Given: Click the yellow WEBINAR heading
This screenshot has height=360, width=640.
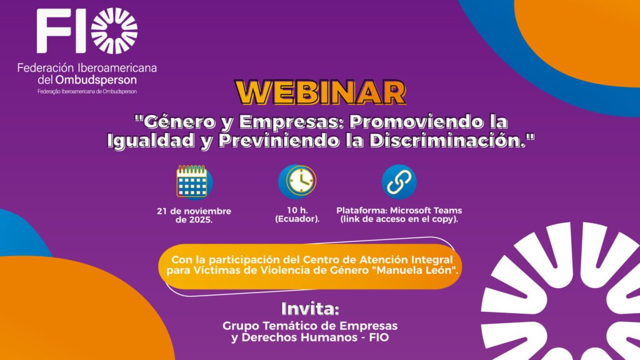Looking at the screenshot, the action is click(x=321, y=92).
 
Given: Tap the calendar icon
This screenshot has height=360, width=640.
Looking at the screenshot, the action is click(x=194, y=182).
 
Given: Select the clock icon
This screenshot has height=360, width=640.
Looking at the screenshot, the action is click(x=297, y=182).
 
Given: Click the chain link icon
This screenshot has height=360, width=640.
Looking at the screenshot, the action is click(x=399, y=182).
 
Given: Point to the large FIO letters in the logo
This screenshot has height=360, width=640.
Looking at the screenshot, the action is click(x=61, y=31).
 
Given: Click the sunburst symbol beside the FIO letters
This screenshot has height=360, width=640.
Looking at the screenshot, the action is click(x=114, y=31).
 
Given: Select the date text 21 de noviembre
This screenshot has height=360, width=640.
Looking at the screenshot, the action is click(x=194, y=211).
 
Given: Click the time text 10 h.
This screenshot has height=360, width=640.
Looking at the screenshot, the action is click(x=297, y=210).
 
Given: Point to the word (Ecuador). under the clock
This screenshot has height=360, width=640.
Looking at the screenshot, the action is click(x=297, y=219).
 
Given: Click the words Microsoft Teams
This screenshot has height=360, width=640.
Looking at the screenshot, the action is click(x=426, y=211).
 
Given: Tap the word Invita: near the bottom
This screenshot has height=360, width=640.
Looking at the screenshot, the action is click(x=310, y=309).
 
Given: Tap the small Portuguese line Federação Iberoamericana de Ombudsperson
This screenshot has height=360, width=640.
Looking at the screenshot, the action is click(x=87, y=91).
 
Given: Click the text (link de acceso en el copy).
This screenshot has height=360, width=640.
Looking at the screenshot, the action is click(x=399, y=219).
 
